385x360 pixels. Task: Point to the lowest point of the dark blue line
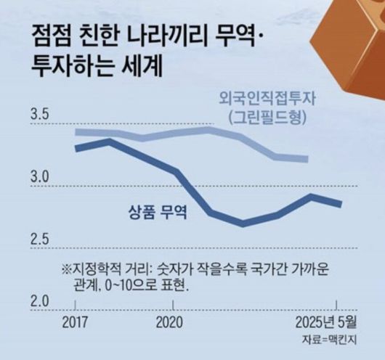click(243, 224)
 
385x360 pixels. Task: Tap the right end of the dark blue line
click(341, 204)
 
